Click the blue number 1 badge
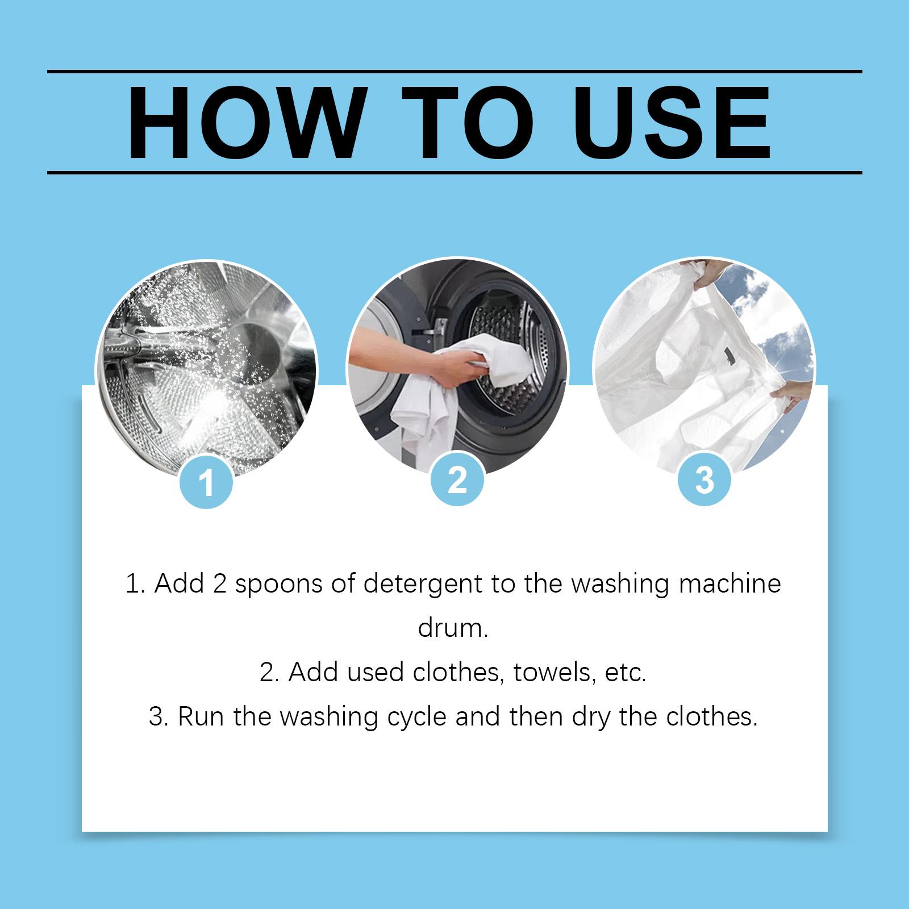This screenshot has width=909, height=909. (x=206, y=483)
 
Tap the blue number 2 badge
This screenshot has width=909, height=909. (x=457, y=481)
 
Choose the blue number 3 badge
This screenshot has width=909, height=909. (x=704, y=481)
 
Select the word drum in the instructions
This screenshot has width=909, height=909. (x=453, y=629)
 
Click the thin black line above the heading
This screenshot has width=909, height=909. (x=454, y=72)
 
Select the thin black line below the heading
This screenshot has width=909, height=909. (x=454, y=171)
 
